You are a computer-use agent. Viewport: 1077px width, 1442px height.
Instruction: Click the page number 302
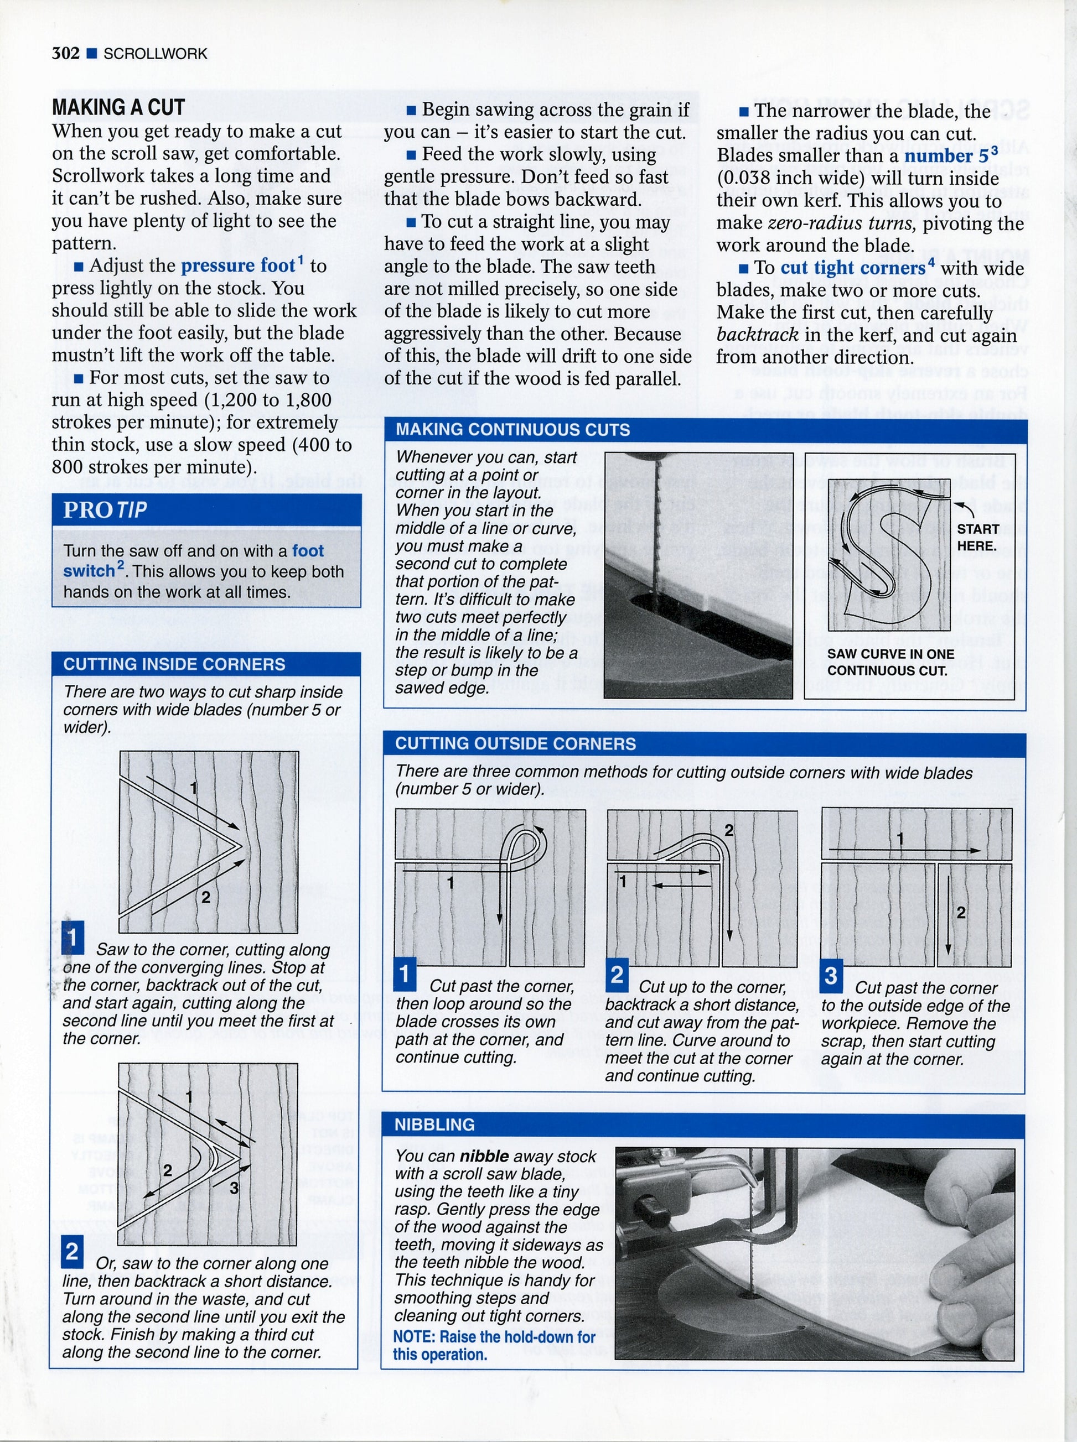pyautogui.click(x=65, y=54)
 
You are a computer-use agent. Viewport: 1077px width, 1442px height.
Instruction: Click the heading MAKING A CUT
pyautogui.click(x=118, y=107)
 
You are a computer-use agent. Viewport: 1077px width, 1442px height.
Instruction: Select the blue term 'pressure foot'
pyautogui.click(x=237, y=266)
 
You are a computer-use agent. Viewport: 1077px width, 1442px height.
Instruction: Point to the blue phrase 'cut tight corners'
pyautogui.click(x=853, y=268)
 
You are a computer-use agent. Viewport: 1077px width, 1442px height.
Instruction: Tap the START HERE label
pyautogui.click(x=977, y=537)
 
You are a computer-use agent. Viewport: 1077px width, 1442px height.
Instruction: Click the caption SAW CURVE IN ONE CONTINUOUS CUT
pyautogui.click(x=890, y=662)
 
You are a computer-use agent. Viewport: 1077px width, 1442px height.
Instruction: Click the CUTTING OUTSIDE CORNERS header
pyautogui.click(x=515, y=743)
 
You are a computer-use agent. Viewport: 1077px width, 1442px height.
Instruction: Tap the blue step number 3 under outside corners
pyautogui.click(x=831, y=976)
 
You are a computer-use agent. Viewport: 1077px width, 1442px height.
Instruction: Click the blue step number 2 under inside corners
pyautogui.click(x=73, y=1252)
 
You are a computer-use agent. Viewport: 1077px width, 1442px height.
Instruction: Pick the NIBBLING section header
pyautogui.click(x=434, y=1125)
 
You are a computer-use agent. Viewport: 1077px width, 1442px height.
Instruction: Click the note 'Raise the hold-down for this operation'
pyautogui.click(x=494, y=1346)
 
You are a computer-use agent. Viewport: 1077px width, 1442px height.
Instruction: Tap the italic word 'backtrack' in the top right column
pyautogui.click(x=757, y=335)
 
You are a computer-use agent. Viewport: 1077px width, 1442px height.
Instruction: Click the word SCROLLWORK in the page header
pyautogui.click(x=155, y=54)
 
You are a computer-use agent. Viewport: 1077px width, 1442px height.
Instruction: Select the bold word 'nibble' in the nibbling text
pyautogui.click(x=484, y=1157)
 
